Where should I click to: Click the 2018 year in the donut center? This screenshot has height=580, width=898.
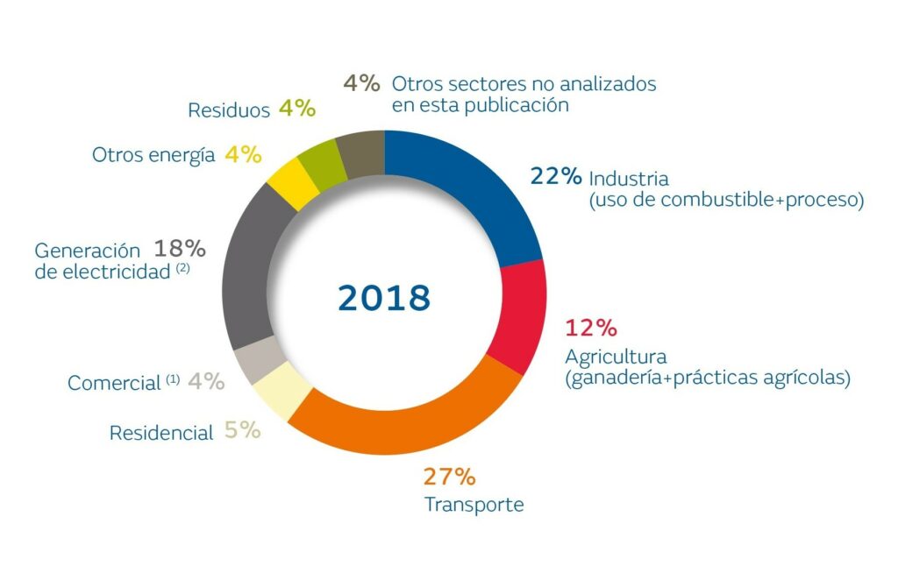tap(384, 298)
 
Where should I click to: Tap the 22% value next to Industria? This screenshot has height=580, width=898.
tap(556, 175)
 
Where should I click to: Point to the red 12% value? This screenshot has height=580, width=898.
tap(592, 329)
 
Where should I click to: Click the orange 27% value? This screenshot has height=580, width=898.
tap(450, 477)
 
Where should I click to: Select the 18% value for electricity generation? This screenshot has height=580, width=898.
tap(180, 248)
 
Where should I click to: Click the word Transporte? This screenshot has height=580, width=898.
tap(474, 506)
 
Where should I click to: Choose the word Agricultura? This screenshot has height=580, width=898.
tap(616, 357)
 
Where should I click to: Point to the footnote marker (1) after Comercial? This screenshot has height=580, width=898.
tap(173, 381)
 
